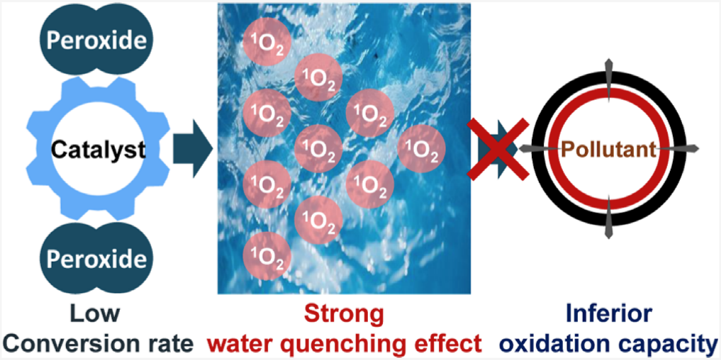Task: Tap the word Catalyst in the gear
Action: [x=98, y=150]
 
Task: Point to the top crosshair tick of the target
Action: [x=608, y=75]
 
